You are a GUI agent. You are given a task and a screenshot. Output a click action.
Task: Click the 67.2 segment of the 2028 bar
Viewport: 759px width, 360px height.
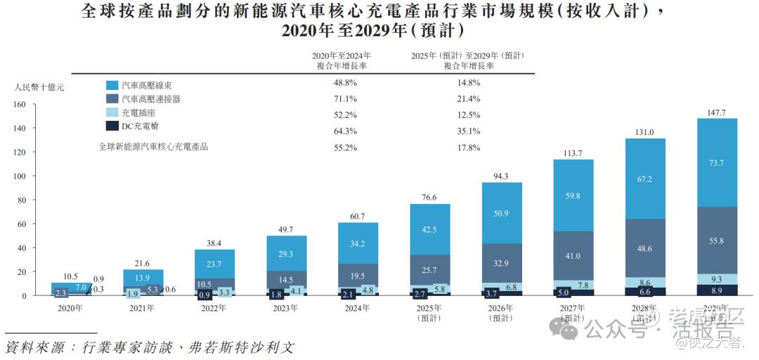point(644,179)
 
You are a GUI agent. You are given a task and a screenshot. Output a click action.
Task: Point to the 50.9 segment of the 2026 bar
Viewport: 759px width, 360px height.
point(502,214)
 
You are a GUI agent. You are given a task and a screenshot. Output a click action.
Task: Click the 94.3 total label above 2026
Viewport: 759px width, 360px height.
point(502,176)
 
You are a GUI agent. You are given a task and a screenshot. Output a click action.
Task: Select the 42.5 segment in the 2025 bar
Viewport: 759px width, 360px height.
point(430,229)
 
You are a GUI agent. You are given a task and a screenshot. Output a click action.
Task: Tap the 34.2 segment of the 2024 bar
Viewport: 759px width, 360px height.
point(358,243)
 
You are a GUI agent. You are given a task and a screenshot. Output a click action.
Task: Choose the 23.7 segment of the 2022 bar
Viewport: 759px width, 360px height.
point(214,264)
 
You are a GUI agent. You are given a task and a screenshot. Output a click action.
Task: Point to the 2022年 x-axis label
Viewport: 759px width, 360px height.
point(214,308)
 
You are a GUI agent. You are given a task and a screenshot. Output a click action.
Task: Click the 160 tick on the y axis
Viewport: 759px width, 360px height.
point(19,105)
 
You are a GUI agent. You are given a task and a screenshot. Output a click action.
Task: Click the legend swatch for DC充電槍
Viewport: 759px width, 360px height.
point(111,126)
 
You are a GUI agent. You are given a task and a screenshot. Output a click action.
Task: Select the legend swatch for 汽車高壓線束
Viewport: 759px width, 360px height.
point(111,84)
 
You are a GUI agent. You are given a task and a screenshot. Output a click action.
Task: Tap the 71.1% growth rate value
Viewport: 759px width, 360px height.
point(345,98)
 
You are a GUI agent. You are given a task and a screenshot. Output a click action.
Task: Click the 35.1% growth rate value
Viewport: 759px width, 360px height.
point(469,131)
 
